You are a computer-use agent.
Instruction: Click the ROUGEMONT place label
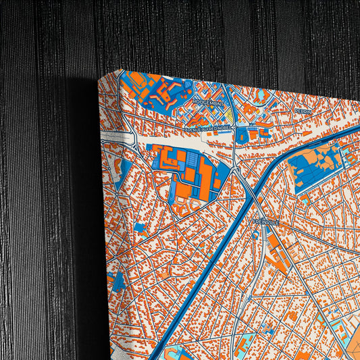(207, 101)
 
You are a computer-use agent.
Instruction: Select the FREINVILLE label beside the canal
(265, 222)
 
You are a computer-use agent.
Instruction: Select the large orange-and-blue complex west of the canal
(184, 172)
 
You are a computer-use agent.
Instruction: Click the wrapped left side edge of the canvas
(111, 203)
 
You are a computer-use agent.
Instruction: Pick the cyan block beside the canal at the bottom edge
(177, 352)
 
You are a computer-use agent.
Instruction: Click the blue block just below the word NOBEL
(242, 136)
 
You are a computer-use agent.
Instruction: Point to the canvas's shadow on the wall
(84, 203)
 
